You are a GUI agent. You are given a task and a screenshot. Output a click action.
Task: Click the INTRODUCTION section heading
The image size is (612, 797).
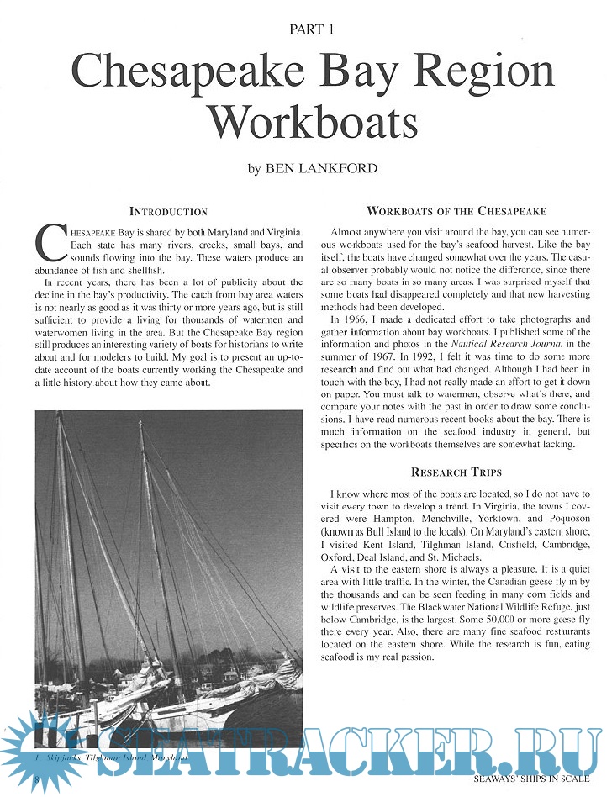(168, 211)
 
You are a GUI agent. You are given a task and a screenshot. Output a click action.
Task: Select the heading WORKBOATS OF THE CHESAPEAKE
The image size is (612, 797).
(456, 211)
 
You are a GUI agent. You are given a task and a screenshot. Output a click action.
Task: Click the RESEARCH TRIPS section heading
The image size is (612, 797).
(456, 472)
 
